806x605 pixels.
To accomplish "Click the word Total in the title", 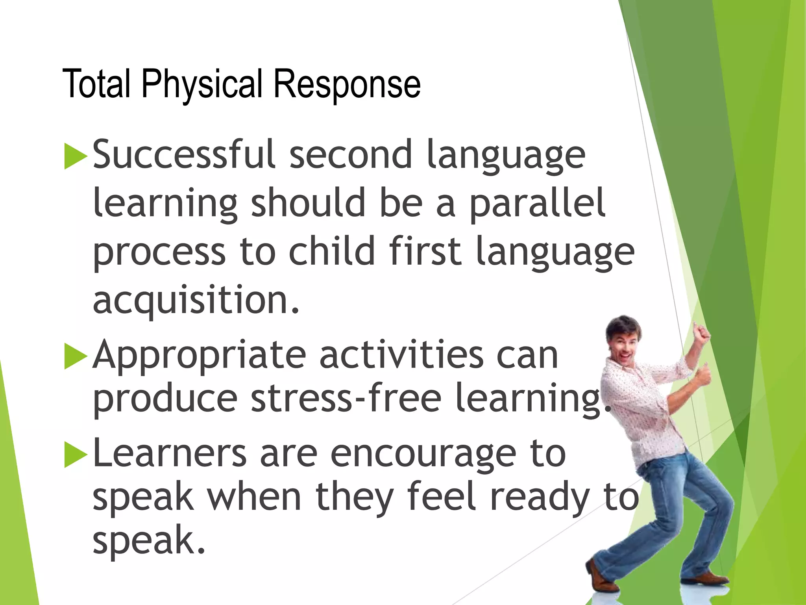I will pyautogui.click(x=96, y=84).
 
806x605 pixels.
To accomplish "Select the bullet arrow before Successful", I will pyautogui.click(x=75, y=156).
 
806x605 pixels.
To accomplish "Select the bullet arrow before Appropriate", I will pyautogui.click(x=75, y=356).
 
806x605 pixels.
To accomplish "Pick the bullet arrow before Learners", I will pyautogui.click(x=75, y=455).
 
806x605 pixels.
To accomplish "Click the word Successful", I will pyautogui.click(x=183, y=154).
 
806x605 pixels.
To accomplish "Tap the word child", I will pyautogui.click(x=332, y=251).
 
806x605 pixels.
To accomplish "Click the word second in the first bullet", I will pyautogui.click(x=351, y=154).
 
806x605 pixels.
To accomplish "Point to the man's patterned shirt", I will pyautogui.click(x=645, y=410).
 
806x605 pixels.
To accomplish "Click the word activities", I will pyautogui.click(x=401, y=356).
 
